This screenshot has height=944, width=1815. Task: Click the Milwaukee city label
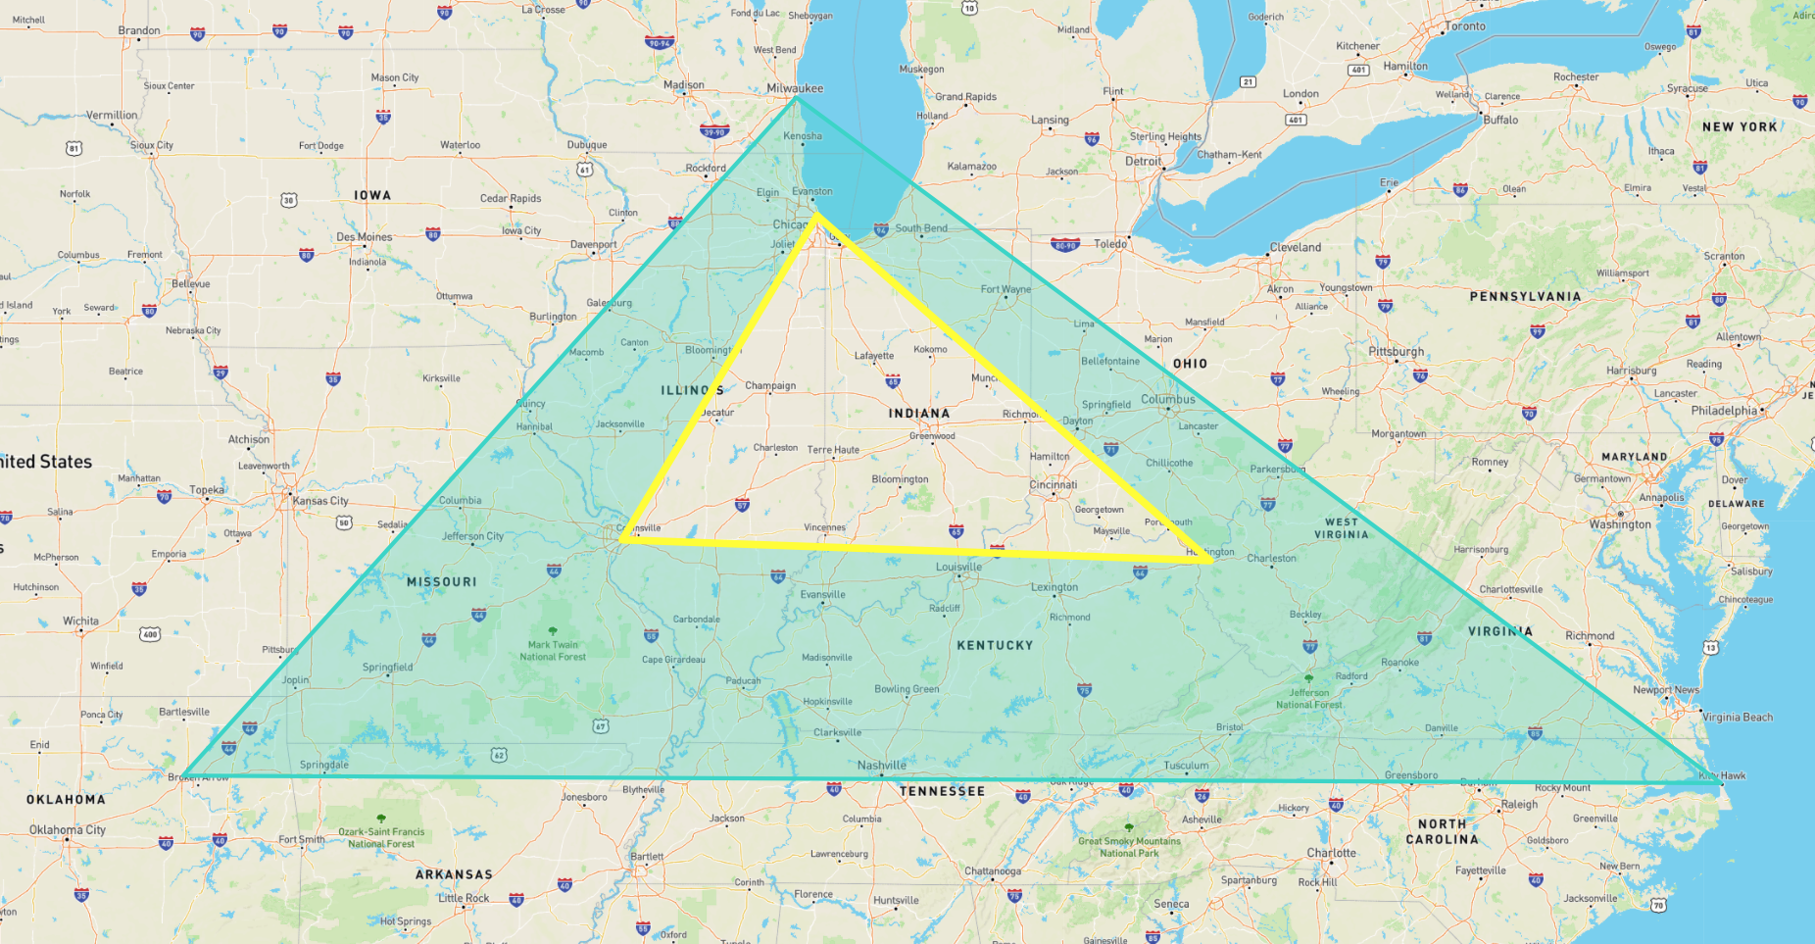pos(795,88)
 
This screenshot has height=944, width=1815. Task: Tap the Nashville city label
pos(882,766)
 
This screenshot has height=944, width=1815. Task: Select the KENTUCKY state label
pos(995,645)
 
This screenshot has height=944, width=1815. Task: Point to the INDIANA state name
pos(918,414)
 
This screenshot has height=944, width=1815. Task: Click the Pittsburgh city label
pos(1396,352)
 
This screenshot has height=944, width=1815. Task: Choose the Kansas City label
pos(319,501)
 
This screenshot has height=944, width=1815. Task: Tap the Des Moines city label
pos(364,237)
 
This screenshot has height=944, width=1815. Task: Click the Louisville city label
pos(958,567)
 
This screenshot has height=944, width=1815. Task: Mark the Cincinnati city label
pos(1054,485)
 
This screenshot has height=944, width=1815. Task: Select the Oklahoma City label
pos(67,830)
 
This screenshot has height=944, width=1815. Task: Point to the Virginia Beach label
pos(1737,718)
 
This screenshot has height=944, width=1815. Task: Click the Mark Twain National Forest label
pos(553,650)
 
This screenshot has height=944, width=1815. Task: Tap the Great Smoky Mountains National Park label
pos(1129,847)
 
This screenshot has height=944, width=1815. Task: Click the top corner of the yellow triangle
pos(815,215)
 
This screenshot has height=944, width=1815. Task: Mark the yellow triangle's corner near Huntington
pos(1211,561)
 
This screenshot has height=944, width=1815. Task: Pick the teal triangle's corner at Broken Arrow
pos(183,775)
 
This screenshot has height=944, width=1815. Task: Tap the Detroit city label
pos(1143,162)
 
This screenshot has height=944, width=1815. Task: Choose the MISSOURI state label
pos(441,582)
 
